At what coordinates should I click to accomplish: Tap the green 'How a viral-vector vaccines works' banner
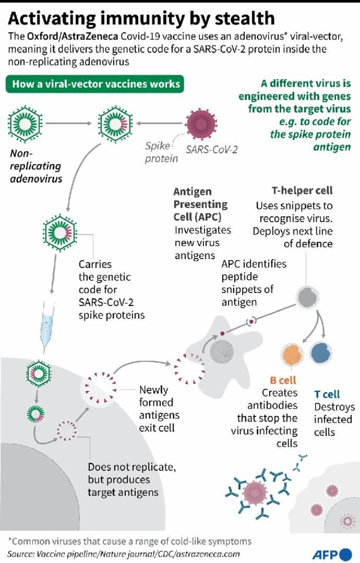click(96, 84)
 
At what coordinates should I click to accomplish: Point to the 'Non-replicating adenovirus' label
click(35, 166)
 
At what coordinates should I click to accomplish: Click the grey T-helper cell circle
click(307, 296)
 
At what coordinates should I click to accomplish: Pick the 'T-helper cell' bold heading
click(302, 191)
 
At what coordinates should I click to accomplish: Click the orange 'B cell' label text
click(282, 380)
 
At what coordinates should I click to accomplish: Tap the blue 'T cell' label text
click(327, 394)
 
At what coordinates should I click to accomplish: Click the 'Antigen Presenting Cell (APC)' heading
click(200, 204)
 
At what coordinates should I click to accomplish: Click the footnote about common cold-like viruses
click(129, 541)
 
